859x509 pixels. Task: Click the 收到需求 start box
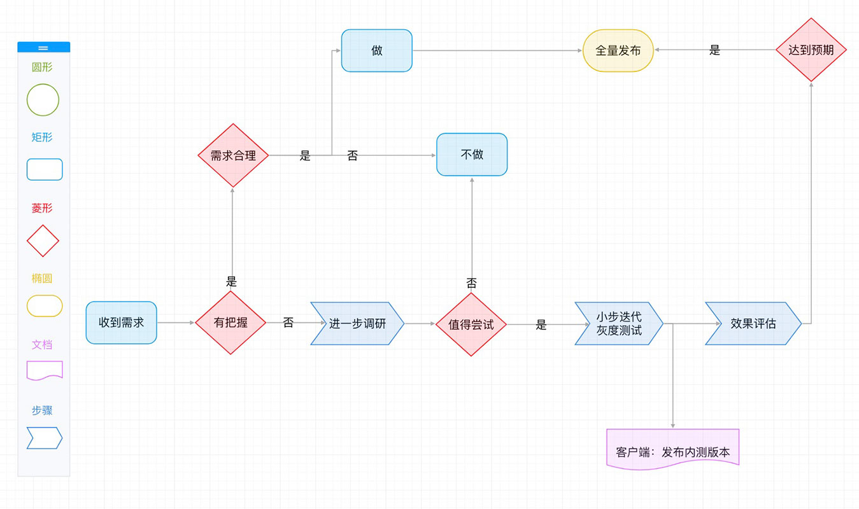click(121, 323)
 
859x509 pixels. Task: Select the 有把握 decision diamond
click(231, 323)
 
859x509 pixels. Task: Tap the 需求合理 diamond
click(233, 155)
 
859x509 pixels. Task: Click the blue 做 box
click(376, 50)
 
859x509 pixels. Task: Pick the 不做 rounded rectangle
click(471, 155)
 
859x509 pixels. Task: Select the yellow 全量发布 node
click(618, 50)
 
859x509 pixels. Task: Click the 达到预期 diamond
click(811, 50)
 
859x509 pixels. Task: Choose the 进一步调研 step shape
click(357, 323)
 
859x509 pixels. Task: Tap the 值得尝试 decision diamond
click(471, 324)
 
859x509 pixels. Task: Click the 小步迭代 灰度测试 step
click(618, 324)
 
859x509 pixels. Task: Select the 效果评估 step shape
click(753, 323)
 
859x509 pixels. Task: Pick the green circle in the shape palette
click(43, 100)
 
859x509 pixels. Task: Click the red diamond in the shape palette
click(43, 241)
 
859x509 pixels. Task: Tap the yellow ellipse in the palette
click(45, 306)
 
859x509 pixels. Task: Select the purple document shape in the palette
click(45, 370)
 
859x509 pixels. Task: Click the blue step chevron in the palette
click(45, 438)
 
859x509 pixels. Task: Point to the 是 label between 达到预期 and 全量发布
click(714, 50)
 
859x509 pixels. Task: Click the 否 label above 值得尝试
click(471, 283)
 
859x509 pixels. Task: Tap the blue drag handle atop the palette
click(43, 47)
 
